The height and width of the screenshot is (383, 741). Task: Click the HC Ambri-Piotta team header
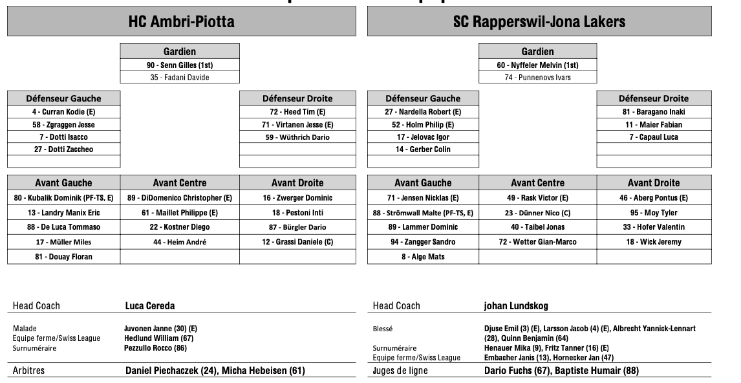point(181,22)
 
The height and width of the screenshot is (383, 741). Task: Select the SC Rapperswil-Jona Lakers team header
point(539,22)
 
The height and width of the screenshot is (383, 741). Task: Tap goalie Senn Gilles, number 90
point(180,65)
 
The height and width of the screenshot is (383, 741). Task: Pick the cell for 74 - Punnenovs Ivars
point(538,78)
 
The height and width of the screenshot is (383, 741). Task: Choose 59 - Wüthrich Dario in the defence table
point(297,137)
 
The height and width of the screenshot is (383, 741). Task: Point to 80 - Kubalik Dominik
point(63,198)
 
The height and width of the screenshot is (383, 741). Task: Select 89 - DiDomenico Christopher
point(180,198)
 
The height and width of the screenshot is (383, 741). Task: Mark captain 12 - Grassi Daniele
point(297,242)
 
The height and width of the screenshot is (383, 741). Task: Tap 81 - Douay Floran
point(63,257)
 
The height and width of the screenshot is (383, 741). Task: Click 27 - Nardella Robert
point(423,112)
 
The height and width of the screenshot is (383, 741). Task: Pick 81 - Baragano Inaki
point(653,112)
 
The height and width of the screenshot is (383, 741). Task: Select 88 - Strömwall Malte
point(423,213)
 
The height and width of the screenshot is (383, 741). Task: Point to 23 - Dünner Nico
point(537,213)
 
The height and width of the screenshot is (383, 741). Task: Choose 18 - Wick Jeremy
point(653,242)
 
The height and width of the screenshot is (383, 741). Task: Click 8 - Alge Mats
point(423,257)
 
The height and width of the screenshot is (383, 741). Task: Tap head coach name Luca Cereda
point(149,305)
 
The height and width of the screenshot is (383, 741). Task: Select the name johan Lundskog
point(516,305)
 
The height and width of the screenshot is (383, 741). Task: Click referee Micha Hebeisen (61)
point(263,371)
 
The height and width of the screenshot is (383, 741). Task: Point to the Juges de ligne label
point(400,371)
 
